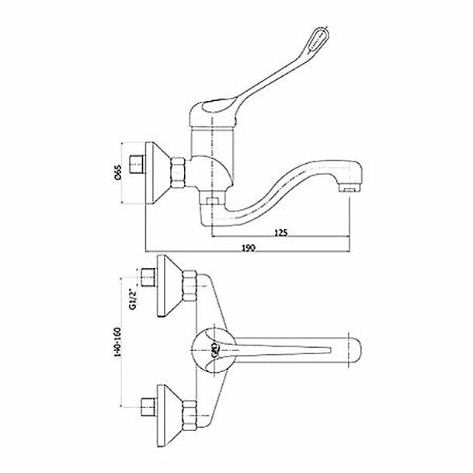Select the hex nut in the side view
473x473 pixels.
(x=178, y=173)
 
